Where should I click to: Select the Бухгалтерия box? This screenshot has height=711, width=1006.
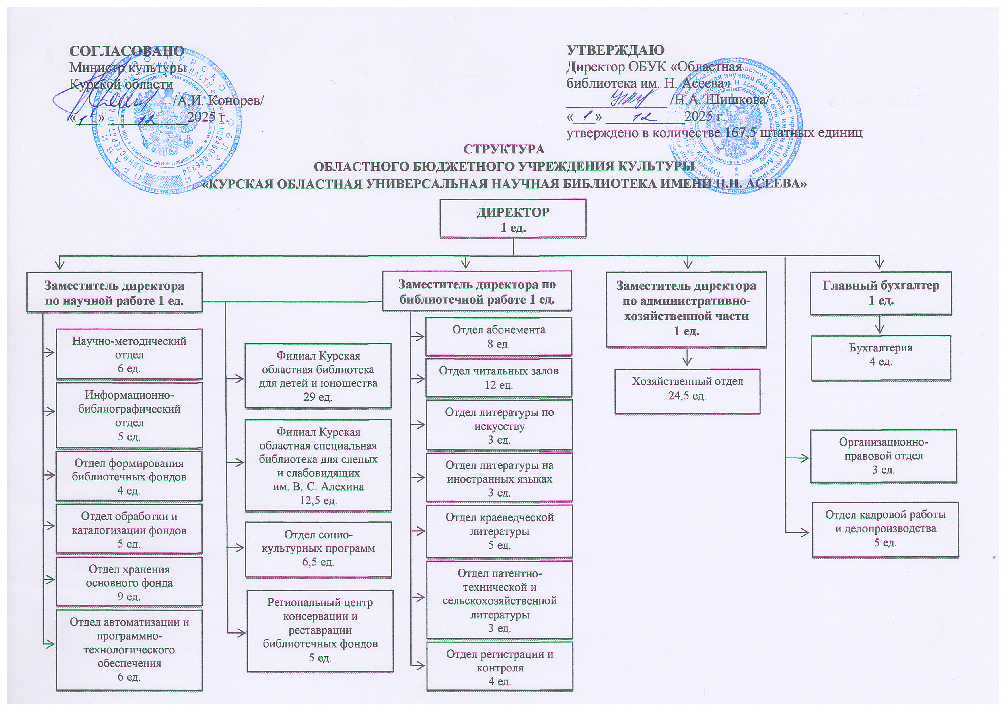(x=881, y=358)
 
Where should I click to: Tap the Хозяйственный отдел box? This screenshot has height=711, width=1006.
(x=687, y=391)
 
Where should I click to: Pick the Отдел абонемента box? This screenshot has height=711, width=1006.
(x=499, y=336)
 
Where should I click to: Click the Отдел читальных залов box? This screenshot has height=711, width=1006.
(x=499, y=377)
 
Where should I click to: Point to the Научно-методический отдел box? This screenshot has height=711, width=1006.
(x=129, y=354)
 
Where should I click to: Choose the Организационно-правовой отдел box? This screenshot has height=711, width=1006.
(x=883, y=456)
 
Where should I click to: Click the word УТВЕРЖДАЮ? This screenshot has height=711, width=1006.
(x=615, y=50)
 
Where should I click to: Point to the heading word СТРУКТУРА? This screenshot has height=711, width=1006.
(x=504, y=149)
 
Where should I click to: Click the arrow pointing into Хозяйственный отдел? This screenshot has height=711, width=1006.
(x=688, y=359)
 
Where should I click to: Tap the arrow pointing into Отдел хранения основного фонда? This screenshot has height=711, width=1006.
(x=49, y=579)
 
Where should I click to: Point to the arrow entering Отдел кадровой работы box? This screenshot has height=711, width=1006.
(x=803, y=532)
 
